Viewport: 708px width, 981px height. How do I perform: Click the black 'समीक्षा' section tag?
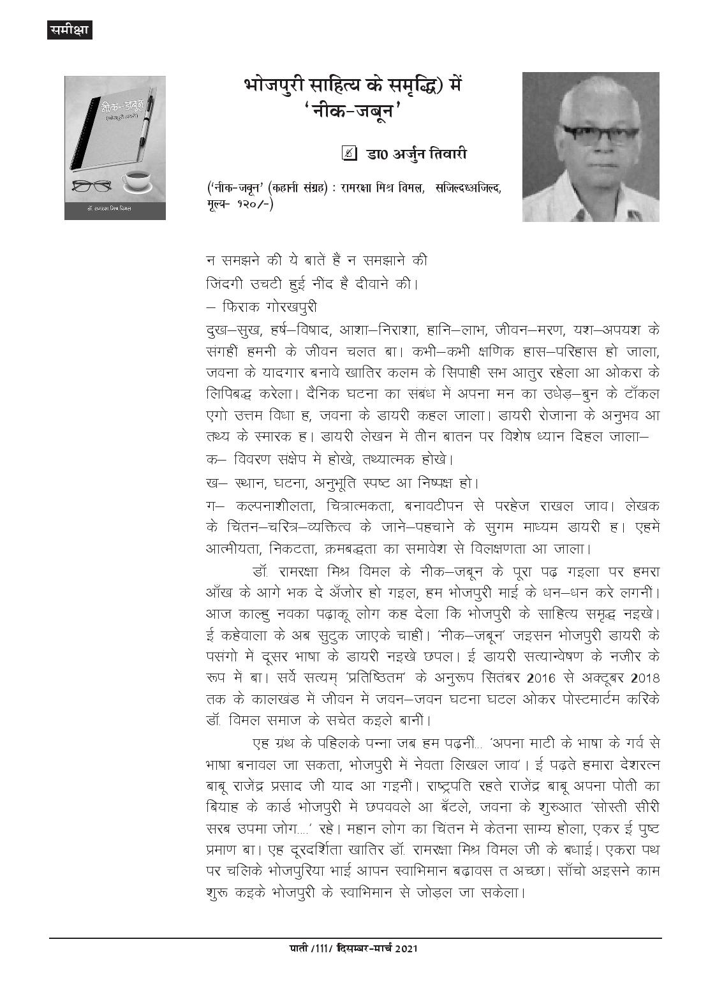(x=70, y=29)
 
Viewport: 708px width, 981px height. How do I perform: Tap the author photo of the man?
(x=590, y=147)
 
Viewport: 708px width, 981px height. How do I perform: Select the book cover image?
(x=115, y=148)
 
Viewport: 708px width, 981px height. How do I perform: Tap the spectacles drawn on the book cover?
(x=92, y=186)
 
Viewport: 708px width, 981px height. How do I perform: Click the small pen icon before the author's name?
(x=349, y=153)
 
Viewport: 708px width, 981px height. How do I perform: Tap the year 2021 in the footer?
(x=406, y=967)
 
